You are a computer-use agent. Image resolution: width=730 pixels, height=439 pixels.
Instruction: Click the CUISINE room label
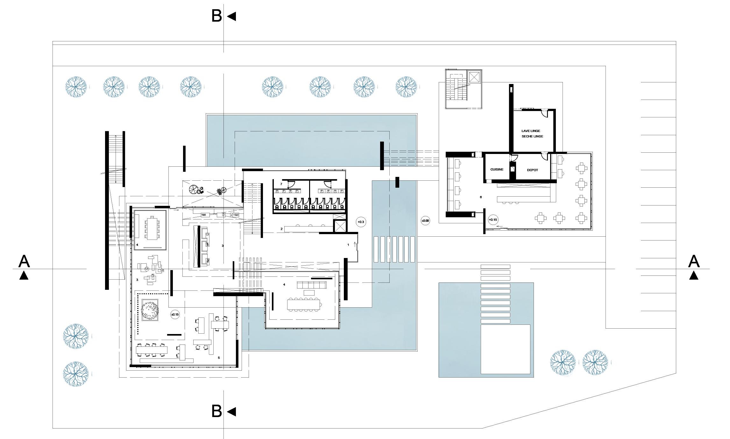[497, 170]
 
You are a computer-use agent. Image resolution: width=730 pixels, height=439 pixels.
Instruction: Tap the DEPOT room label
[532, 170]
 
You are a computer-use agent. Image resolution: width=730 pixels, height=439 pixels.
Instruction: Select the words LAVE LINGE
[531, 131]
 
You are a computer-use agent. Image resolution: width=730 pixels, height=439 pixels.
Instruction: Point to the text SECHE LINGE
[532, 136]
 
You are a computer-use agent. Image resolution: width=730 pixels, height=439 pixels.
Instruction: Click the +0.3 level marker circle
[361, 222]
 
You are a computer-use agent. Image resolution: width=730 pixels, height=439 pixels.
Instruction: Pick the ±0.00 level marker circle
[425, 220]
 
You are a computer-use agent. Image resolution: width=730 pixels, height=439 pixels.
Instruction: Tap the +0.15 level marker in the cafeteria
[493, 220]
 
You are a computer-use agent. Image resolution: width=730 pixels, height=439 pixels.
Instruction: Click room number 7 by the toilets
[281, 184]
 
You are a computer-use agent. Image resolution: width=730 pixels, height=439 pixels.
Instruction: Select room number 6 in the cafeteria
[480, 197]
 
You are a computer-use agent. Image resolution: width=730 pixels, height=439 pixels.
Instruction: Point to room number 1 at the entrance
[348, 245]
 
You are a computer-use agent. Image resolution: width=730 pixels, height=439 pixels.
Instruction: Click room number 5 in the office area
[219, 358]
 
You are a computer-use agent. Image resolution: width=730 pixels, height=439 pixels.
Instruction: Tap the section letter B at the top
[216, 16]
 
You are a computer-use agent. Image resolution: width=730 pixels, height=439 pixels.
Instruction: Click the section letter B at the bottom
[216, 411]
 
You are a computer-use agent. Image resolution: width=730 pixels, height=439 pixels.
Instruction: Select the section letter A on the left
[24, 261]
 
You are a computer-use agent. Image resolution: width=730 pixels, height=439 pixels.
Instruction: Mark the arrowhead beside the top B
[232, 16]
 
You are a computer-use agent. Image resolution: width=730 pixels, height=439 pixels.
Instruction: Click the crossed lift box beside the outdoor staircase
[474, 77]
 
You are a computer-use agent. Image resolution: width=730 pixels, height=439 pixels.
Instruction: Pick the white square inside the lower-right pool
[505, 349]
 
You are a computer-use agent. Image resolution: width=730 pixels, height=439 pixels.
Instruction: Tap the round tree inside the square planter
[150, 310]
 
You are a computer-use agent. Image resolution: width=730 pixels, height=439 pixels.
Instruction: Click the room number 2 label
[281, 229]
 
